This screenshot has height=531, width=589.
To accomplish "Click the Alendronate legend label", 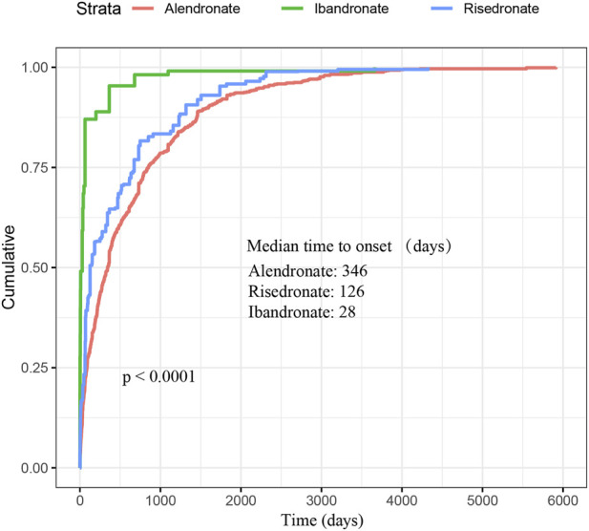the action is [x=202, y=9].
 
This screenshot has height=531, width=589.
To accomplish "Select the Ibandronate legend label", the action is [x=351, y=9].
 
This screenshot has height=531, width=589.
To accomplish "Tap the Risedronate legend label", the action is [x=501, y=9].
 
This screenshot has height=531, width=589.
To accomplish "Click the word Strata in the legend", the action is [x=98, y=9].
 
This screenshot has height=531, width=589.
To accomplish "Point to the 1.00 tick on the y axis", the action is [x=34, y=68].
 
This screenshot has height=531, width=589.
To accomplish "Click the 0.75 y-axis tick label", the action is [x=34, y=167].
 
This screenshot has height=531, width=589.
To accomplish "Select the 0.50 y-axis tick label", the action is [x=34, y=268].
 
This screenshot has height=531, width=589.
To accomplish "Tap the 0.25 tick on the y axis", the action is [x=34, y=368].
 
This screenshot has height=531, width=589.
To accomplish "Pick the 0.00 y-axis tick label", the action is [x=34, y=468].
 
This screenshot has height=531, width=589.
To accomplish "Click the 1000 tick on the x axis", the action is [x=160, y=500].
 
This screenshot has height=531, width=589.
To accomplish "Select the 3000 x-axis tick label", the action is [x=321, y=500].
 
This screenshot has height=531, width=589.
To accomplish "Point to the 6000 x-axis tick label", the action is [x=562, y=500].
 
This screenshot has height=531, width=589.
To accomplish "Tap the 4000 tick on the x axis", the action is [x=402, y=500].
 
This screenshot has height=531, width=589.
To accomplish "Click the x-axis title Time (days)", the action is [x=323, y=520].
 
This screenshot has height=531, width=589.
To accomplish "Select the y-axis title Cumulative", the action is [x=9, y=267].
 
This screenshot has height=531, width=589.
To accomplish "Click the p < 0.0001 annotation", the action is [x=158, y=376].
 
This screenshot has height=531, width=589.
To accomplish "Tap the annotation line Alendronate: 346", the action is [x=308, y=271].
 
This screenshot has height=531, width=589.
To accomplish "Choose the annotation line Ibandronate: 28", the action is [x=302, y=312].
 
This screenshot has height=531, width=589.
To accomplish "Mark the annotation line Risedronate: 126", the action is [x=306, y=291].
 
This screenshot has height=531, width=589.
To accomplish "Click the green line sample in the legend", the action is [x=292, y=9].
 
